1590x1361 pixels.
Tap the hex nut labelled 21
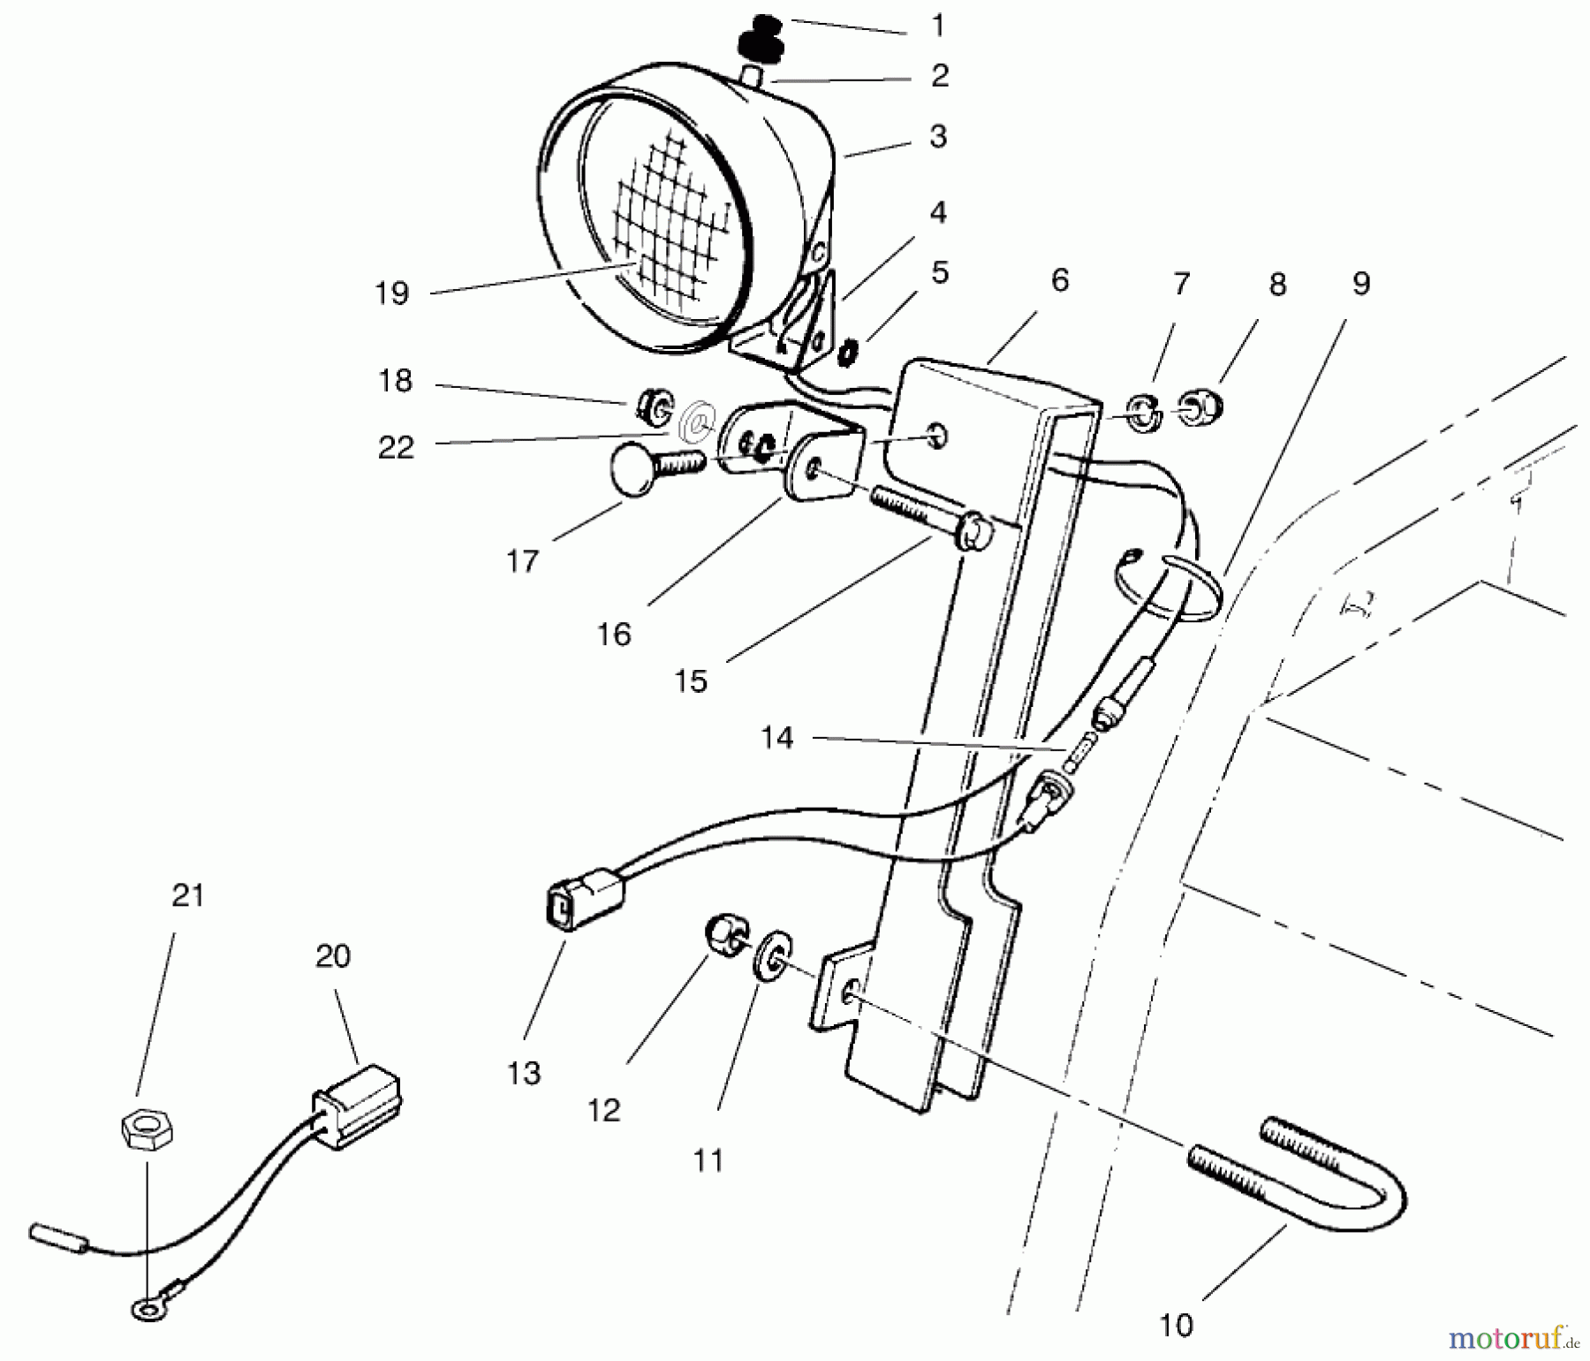coord(147,1130)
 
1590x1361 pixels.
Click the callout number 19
coord(392,293)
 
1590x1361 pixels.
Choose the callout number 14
coord(777,737)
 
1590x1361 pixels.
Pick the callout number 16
coord(614,634)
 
